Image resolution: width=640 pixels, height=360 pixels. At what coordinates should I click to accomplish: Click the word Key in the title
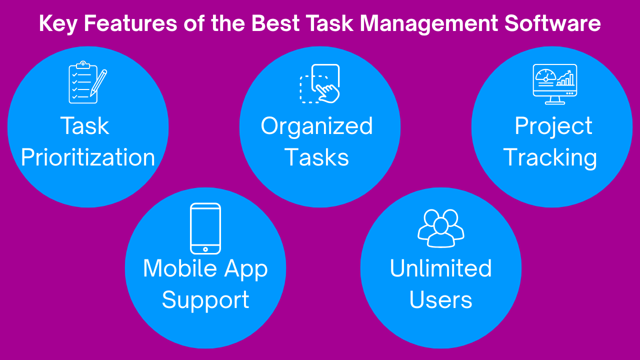click(58, 24)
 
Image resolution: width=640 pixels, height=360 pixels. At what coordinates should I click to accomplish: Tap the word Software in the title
click(552, 23)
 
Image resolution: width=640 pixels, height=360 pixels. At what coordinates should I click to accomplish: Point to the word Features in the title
click(130, 23)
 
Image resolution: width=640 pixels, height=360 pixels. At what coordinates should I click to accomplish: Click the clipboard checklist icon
click(83, 82)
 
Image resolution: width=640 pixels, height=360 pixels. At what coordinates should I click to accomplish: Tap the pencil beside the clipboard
click(98, 83)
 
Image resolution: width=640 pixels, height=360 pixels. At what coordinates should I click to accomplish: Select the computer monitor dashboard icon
click(555, 84)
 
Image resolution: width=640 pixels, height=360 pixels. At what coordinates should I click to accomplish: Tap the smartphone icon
click(205, 228)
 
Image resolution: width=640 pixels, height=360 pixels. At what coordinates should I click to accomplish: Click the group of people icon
click(441, 228)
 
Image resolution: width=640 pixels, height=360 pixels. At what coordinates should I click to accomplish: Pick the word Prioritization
click(88, 157)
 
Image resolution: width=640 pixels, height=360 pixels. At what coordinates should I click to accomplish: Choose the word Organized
click(317, 127)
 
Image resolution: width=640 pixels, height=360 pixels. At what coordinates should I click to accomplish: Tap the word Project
click(553, 127)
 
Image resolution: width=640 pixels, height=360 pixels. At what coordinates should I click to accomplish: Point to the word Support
click(205, 300)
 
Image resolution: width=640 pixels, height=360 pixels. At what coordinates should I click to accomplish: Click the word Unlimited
click(441, 268)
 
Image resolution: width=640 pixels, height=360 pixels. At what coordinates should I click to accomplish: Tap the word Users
click(440, 299)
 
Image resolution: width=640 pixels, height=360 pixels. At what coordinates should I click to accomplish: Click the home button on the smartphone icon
click(205, 249)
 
